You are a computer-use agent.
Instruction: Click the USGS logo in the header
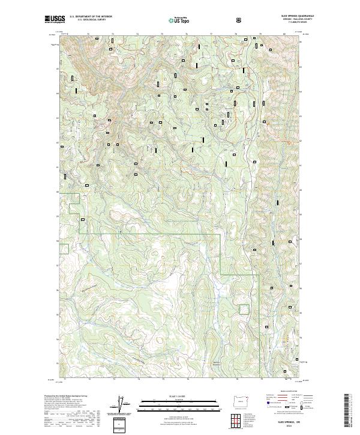(x=54, y=19)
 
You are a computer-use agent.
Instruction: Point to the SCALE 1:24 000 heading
(x=172, y=396)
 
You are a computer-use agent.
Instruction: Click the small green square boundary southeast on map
(x=244, y=309)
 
